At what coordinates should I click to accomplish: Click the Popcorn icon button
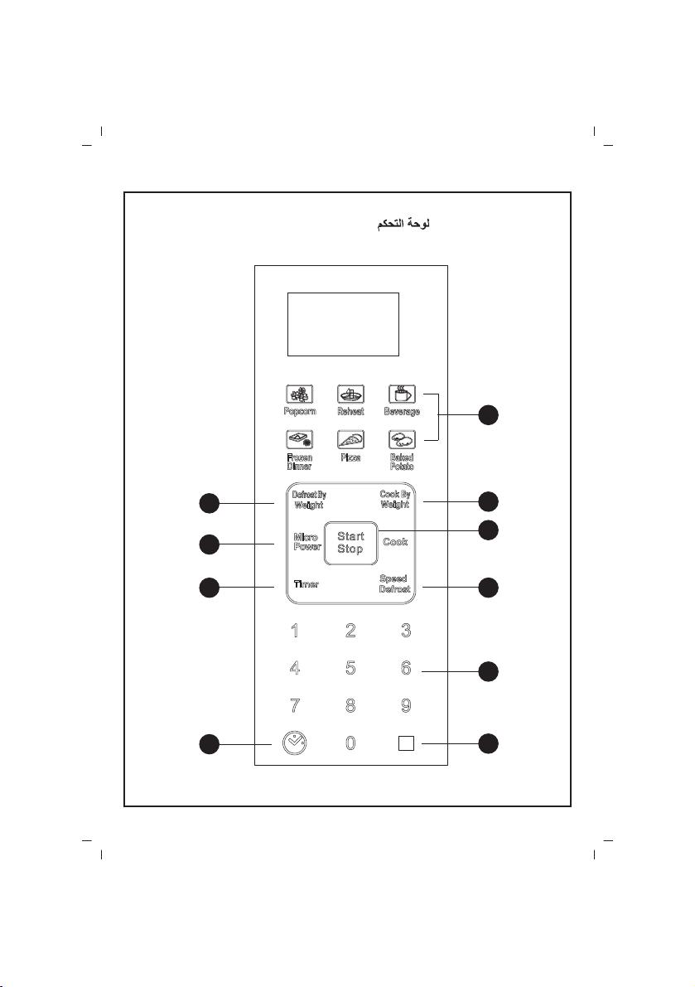click(299, 394)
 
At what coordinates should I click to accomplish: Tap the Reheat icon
click(350, 394)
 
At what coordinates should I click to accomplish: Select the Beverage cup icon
click(402, 394)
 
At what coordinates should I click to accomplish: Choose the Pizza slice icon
click(350, 439)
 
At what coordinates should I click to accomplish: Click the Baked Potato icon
click(402, 439)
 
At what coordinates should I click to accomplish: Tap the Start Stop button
click(351, 543)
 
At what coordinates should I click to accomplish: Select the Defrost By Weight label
click(309, 500)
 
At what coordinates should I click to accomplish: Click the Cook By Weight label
click(395, 499)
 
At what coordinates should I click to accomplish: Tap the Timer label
click(306, 584)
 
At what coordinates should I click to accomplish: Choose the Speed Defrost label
click(395, 583)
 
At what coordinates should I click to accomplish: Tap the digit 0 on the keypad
click(350, 743)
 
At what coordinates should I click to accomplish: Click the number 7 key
click(295, 705)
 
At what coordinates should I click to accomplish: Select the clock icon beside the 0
click(295, 743)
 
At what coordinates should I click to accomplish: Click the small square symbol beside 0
click(406, 743)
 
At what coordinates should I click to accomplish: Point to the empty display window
click(344, 324)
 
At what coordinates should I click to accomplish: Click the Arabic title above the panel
click(403, 224)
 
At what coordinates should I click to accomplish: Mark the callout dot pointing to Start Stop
click(489, 530)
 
